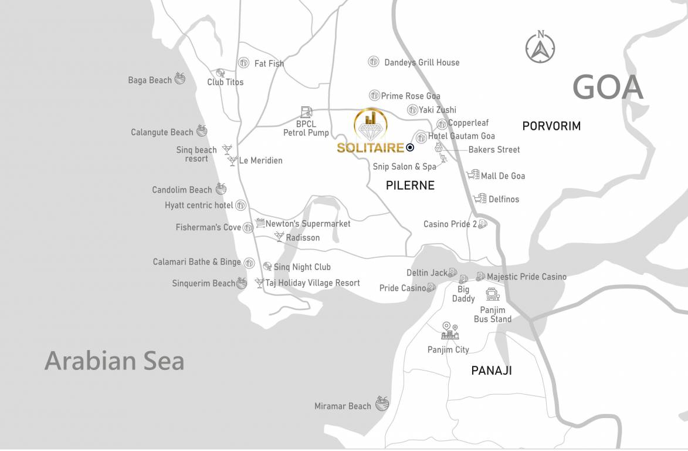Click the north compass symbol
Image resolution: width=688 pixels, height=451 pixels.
(x=540, y=47)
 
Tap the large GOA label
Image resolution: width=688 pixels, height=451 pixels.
(x=608, y=88)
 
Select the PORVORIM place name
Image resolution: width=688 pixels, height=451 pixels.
(x=551, y=126)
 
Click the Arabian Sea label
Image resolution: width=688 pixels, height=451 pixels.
(x=114, y=361)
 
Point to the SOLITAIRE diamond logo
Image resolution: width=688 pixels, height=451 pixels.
(x=370, y=124)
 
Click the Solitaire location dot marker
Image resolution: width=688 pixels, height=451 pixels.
(x=410, y=148)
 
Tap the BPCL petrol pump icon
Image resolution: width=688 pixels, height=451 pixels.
(x=306, y=112)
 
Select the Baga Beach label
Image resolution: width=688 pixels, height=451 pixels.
(x=150, y=80)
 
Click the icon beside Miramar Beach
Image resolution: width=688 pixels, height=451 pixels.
(x=382, y=403)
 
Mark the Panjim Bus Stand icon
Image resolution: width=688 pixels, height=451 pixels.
(x=492, y=294)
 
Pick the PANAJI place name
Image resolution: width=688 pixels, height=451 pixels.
(x=492, y=371)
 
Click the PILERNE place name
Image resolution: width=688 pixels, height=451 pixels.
(x=410, y=186)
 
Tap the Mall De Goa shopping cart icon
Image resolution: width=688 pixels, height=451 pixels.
(x=473, y=175)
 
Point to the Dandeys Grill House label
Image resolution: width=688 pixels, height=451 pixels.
(x=422, y=62)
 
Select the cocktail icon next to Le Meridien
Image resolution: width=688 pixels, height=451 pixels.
(x=233, y=160)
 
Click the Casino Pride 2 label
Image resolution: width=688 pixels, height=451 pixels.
(x=450, y=224)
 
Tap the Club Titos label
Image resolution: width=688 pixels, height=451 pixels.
(x=225, y=82)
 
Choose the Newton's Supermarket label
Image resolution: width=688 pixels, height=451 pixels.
(x=308, y=224)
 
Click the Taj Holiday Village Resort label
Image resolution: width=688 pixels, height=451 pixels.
(x=313, y=283)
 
